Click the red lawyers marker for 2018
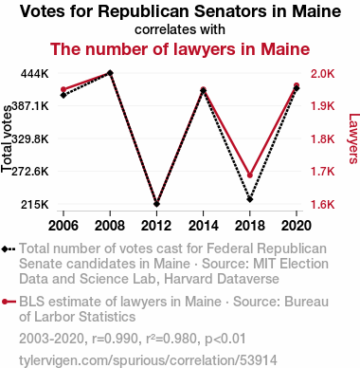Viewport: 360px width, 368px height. click(250, 175)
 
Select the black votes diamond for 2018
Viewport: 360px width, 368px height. click(250, 199)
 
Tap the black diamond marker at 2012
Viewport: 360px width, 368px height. click(156, 204)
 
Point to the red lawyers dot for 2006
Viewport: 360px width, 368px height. click(63, 89)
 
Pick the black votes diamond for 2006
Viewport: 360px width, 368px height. click(63, 95)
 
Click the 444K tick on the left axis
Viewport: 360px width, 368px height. click(35, 74)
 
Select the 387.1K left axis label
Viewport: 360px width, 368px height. click(30, 106)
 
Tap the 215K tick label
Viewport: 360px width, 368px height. click(35, 205)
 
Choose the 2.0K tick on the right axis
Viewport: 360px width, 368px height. click(322, 74)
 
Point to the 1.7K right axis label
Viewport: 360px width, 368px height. click(322, 172)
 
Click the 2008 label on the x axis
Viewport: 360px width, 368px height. click(110, 226)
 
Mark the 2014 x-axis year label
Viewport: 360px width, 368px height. click(203, 226)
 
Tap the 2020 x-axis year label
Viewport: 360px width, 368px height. click(297, 226)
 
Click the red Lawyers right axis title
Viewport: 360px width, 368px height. click(353, 138)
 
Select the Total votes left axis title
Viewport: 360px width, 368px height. click(7, 139)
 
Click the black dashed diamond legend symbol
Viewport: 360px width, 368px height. click(9, 248)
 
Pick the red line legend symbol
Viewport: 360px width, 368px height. click(9, 302)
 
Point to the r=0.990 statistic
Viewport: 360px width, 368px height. click(116, 339)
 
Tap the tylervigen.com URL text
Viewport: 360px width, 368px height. click(148, 360)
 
